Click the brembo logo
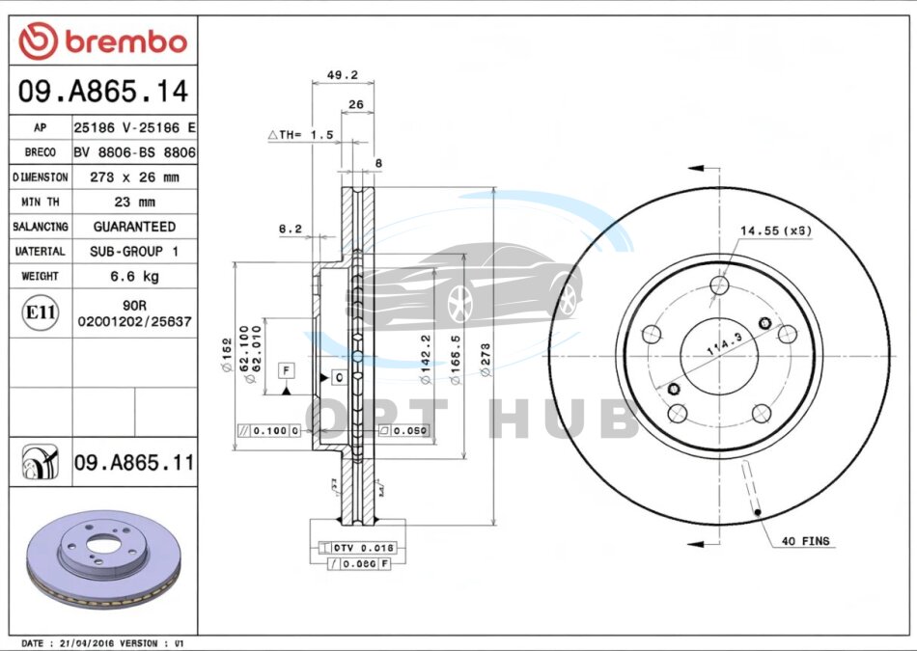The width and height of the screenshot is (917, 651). (102, 41)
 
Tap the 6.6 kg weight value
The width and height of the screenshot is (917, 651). (134, 277)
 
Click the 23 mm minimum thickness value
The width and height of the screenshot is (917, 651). (134, 203)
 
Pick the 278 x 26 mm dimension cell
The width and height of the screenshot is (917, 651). (134, 177)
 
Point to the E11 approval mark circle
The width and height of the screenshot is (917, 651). (40, 312)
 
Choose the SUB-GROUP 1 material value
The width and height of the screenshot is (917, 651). (134, 252)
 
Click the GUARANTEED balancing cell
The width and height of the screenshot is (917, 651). (134, 227)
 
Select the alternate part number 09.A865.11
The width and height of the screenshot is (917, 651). (132, 464)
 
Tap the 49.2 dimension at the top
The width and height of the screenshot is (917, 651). (343, 74)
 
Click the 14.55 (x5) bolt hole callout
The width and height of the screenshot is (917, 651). (775, 231)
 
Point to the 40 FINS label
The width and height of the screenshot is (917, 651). (806, 541)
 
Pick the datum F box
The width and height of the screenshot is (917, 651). (286, 369)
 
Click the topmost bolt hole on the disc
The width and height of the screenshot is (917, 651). (718, 285)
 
